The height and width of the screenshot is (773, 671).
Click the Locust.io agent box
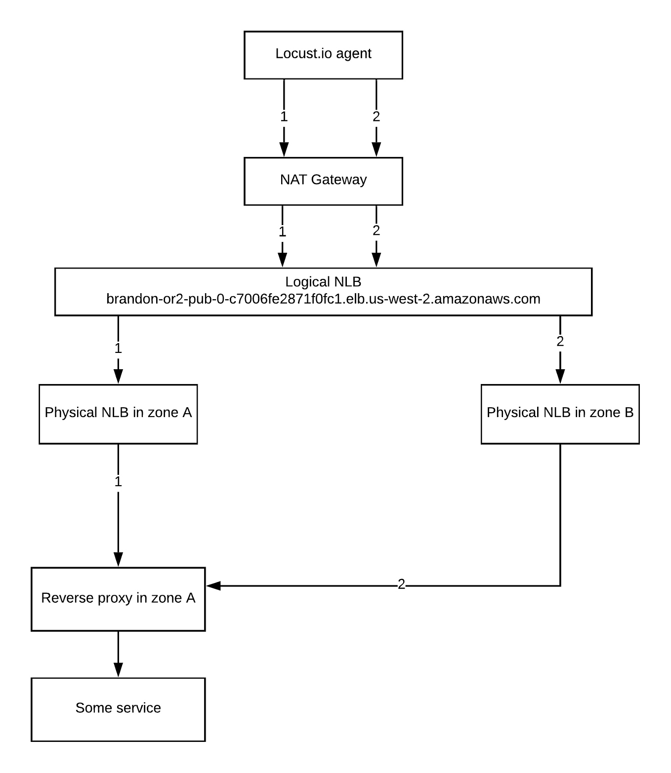[323, 54]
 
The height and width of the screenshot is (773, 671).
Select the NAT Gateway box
[323, 181]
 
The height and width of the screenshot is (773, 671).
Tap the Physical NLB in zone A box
[118, 414]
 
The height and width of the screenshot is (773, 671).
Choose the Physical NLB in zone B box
[560, 414]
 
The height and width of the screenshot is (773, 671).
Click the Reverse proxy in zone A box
[118, 599]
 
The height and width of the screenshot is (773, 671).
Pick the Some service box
[118, 709]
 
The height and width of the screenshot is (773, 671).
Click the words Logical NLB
[323, 282]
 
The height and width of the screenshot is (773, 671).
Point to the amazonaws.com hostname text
[323, 299]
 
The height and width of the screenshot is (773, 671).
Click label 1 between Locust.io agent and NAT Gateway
[284, 117]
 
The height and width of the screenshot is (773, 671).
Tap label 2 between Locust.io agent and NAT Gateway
[376, 117]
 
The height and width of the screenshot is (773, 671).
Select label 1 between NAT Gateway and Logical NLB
[282, 232]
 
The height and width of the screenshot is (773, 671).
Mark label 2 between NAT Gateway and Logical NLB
[376, 231]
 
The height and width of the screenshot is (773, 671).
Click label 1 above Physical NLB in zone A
[118, 348]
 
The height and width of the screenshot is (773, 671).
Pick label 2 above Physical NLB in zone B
[560, 342]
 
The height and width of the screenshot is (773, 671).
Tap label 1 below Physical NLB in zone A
[118, 482]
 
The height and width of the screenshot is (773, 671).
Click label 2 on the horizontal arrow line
[401, 585]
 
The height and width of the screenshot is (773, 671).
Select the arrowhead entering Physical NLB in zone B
[560, 376]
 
